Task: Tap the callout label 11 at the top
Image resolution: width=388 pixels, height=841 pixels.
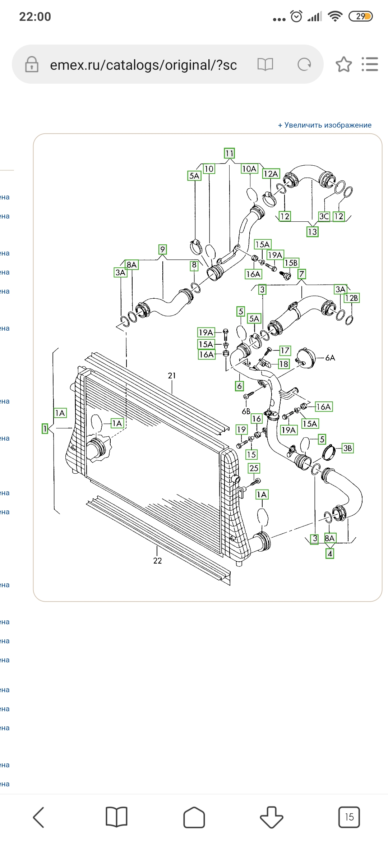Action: [229, 153]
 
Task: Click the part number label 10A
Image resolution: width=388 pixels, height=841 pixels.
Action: [249, 169]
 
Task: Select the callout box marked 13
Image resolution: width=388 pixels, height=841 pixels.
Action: [312, 232]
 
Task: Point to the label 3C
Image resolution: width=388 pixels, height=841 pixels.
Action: [324, 216]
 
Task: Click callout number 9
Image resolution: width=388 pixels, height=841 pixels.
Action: [163, 249]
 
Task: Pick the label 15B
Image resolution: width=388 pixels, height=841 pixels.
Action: [291, 263]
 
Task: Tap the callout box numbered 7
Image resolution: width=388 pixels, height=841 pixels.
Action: [301, 274]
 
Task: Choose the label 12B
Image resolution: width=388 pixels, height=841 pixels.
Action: [351, 298]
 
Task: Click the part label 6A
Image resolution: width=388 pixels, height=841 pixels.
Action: [330, 358]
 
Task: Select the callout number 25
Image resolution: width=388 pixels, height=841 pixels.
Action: [254, 468]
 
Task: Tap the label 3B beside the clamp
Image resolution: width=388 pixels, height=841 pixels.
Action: [347, 448]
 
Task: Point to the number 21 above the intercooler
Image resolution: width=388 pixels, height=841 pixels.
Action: [172, 376]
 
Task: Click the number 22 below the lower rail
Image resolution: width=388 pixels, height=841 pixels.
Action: [157, 561]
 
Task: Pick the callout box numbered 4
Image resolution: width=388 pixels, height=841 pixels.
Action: [330, 554]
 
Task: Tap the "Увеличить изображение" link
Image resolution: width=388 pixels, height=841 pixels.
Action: [325, 125]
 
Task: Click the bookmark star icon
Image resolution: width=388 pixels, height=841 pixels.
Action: [344, 65]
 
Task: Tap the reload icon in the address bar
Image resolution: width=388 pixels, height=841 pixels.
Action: [304, 65]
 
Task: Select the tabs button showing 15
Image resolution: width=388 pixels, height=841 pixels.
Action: [349, 817]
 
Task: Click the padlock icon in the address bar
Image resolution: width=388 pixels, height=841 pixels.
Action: [32, 65]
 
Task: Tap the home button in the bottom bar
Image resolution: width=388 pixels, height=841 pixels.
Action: [194, 817]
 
